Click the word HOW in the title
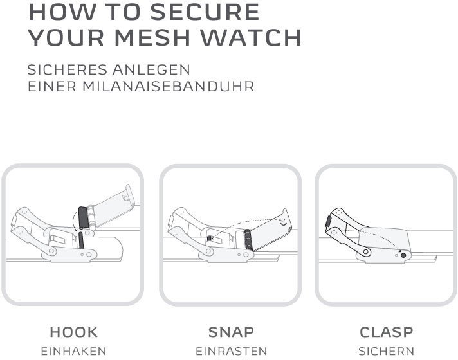click(x=58, y=12)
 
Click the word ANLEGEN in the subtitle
click(x=154, y=69)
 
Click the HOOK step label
click(x=74, y=332)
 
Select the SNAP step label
click(x=231, y=332)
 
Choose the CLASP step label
click(x=387, y=332)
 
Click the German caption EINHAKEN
click(x=74, y=352)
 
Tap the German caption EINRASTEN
click(x=231, y=352)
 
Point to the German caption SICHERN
click(x=387, y=352)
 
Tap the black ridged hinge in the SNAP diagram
click(x=247, y=240)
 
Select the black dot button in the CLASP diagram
click(x=404, y=255)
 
